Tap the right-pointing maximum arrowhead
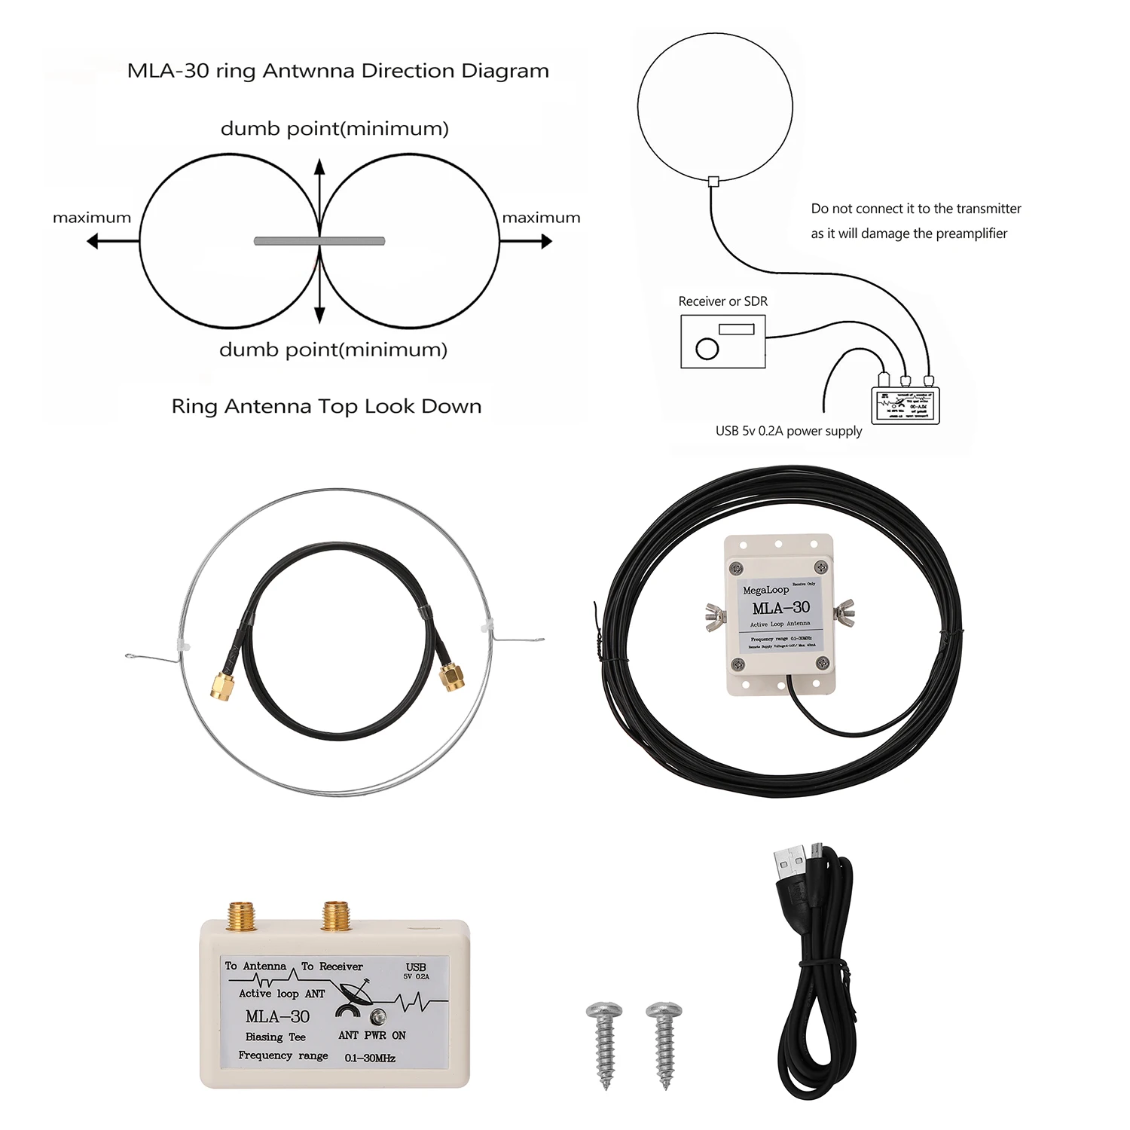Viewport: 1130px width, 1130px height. (546, 241)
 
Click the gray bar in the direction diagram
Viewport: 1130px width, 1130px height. (319, 241)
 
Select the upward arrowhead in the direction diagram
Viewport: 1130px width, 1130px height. (319, 165)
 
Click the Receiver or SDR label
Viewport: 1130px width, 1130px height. (722, 301)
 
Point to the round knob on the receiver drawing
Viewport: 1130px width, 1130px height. (707, 349)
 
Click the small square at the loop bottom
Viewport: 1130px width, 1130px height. (713, 181)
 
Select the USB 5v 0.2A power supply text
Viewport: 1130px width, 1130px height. (788, 431)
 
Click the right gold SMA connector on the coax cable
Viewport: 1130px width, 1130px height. (452, 676)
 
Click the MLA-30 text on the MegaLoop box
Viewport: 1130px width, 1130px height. (780, 608)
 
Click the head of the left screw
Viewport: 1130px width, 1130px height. (604, 1010)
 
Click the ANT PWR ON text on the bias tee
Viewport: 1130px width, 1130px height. (371, 1036)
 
